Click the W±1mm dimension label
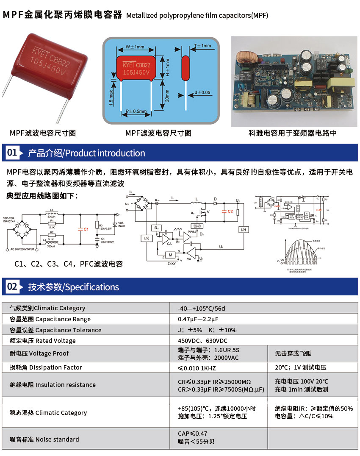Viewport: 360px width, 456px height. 135,47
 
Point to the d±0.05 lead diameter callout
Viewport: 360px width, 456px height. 202,92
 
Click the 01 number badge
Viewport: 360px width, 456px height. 12,153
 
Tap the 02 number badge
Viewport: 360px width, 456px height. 12,286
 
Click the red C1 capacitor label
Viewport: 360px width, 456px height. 86,229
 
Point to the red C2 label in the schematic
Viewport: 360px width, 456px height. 230,211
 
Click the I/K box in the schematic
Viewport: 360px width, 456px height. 147,238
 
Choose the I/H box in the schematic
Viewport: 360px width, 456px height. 243,230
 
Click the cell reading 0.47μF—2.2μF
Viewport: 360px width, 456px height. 198,319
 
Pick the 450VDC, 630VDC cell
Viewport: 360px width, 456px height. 202,341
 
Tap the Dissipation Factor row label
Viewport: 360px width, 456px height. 46,367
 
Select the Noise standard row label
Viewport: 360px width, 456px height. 44,439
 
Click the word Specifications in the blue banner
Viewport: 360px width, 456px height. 92,287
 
